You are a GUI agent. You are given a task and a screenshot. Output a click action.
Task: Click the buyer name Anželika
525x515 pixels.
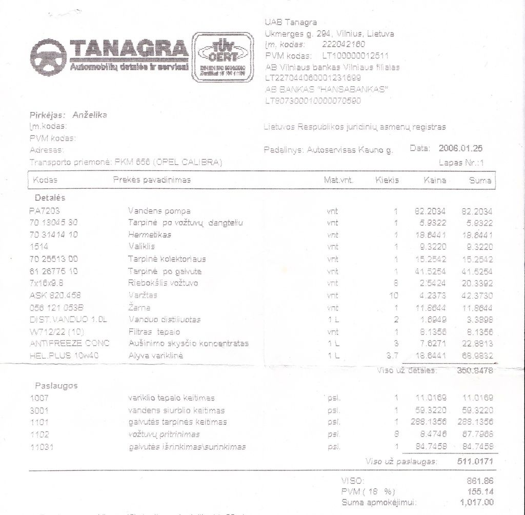tap(90, 115)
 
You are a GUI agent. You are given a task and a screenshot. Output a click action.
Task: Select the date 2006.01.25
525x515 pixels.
tap(460, 148)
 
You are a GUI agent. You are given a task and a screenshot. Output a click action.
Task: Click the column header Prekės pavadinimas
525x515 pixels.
tap(152, 180)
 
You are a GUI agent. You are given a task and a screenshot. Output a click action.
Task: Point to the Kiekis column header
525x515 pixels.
tap(387, 180)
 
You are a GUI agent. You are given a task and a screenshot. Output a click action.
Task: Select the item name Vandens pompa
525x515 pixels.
tap(159, 211)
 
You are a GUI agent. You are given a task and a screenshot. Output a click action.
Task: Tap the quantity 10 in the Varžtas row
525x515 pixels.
tap(393, 295)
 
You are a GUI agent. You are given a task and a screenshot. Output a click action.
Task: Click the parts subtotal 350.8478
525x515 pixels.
tap(475, 370)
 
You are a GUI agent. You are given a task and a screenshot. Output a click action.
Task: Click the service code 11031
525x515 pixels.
tap(42, 447)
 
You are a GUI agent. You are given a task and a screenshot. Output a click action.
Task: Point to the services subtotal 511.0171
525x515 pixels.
tap(475, 461)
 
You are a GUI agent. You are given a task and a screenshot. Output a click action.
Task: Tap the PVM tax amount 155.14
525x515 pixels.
tap(480, 491)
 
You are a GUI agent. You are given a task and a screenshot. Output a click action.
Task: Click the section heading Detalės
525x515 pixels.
tap(50, 197)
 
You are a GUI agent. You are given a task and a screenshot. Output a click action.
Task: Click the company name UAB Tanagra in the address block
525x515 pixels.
tap(291, 22)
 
